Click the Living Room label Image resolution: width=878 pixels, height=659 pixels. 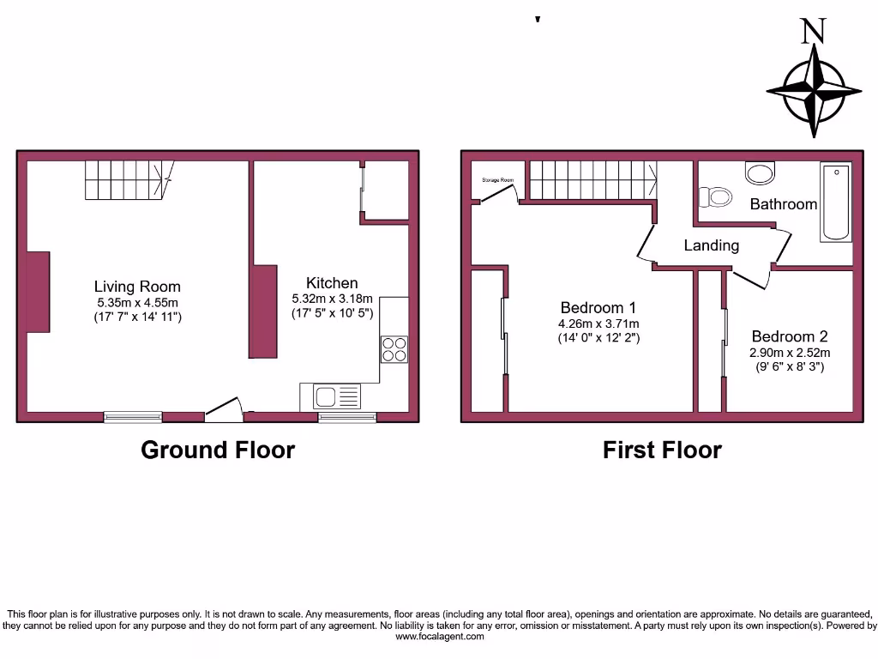click(x=137, y=287)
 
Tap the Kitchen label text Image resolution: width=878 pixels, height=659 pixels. click(x=332, y=283)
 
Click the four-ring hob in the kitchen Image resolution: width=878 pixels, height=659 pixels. click(x=394, y=349)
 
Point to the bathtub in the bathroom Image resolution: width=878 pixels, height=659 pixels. click(x=836, y=202)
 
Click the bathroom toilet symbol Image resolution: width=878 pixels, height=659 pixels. click(x=715, y=198)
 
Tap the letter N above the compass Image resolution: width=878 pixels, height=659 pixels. click(x=813, y=32)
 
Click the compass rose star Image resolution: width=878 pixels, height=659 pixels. click(x=814, y=89)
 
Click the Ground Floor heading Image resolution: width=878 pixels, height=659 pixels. click(x=218, y=450)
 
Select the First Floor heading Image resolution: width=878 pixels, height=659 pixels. click(x=662, y=450)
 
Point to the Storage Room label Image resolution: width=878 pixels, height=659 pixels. click(x=497, y=180)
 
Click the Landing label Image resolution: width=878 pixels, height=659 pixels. click(x=711, y=245)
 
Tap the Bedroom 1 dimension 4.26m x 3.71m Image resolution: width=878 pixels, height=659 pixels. click(x=598, y=323)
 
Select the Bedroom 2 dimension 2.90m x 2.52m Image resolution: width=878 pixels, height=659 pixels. click(x=789, y=353)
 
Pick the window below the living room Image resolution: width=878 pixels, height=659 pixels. click(x=133, y=417)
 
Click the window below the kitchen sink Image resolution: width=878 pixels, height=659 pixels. click(x=347, y=417)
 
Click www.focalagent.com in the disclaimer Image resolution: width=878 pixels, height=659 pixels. click(x=438, y=638)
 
